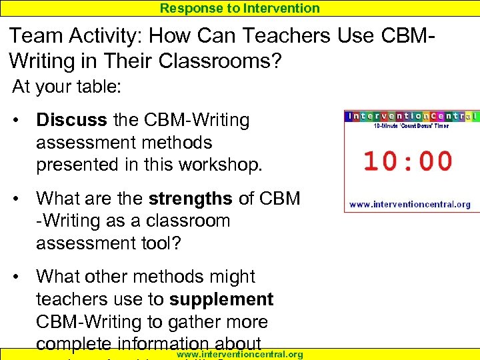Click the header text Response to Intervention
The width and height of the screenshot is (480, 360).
coord(239,8)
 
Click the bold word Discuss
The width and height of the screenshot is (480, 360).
coord(71,120)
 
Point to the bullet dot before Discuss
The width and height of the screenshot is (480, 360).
coord(22,121)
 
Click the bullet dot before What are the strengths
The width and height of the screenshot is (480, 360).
coord(22,199)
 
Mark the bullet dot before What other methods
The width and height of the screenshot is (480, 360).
coord(22,277)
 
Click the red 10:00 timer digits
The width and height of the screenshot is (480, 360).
coord(407,161)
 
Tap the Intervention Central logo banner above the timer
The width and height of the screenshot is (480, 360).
coord(411,116)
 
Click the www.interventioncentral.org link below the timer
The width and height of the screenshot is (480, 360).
coord(410,204)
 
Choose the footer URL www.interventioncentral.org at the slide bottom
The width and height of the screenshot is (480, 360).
coord(239,355)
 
